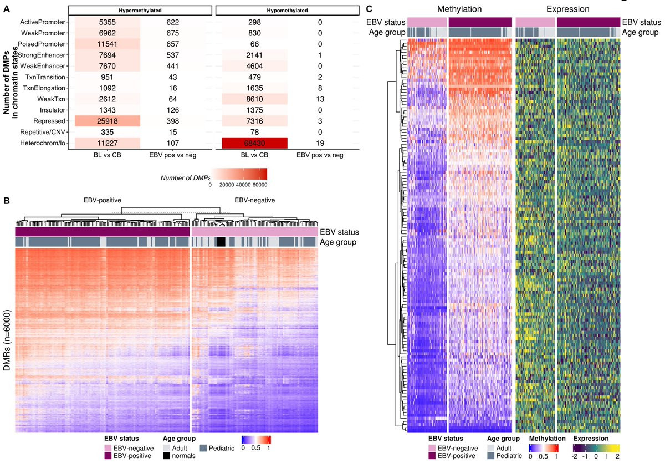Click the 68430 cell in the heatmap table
pos(254,143)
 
